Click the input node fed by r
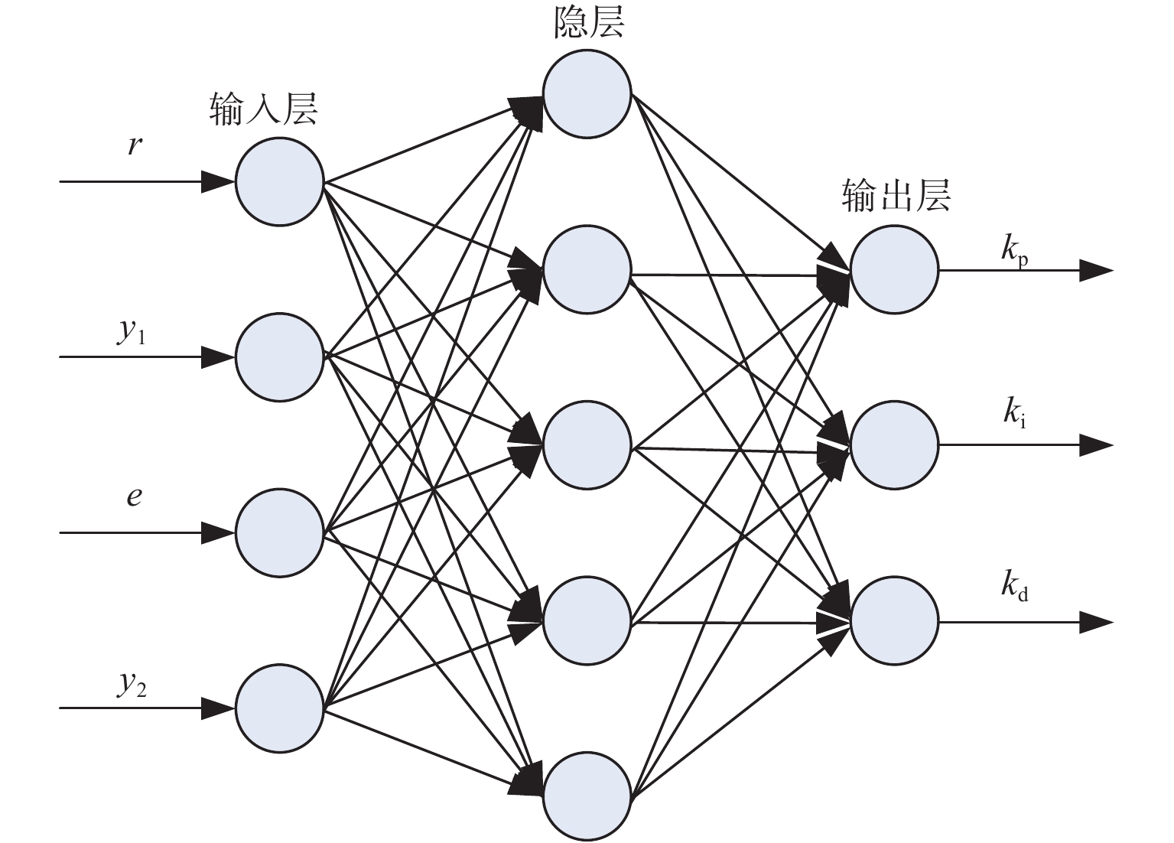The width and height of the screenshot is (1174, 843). (279, 182)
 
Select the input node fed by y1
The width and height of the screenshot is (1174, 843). (279, 357)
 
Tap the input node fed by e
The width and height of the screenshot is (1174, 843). (279, 532)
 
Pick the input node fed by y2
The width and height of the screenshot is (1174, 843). (279, 708)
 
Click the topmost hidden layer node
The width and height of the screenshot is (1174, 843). (587, 94)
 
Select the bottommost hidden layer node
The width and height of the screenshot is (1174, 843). (587, 796)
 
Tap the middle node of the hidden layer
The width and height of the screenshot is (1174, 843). (587, 445)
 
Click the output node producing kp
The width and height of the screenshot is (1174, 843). (895, 270)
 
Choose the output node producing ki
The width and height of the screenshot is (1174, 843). (895, 445)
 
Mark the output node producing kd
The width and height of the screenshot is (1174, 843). (895, 620)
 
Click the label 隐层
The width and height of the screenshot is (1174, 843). (589, 22)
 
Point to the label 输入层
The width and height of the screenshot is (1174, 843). (264, 109)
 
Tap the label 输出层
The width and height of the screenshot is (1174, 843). (896, 196)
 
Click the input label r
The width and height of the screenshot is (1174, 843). (135, 146)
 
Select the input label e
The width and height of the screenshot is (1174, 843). (134, 496)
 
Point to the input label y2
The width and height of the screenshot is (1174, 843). (131, 684)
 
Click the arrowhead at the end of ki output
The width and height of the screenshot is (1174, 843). (1096, 446)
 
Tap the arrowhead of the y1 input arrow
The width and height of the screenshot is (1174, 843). (218, 357)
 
